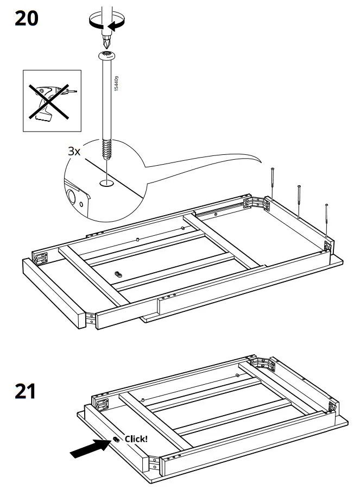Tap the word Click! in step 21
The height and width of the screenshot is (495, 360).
tap(136, 438)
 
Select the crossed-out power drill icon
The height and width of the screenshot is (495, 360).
tap(52, 101)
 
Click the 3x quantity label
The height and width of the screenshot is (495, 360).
tap(74, 151)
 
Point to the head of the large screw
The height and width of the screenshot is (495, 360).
tap(107, 55)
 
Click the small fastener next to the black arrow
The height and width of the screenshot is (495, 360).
tap(116, 439)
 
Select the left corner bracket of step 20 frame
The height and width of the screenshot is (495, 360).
tap(42, 256)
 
